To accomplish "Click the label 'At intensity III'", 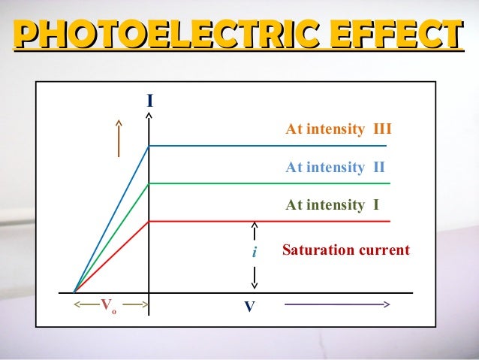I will [x=339, y=130].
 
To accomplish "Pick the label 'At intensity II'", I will [x=335, y=167].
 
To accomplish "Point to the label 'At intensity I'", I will [x=332, y=204].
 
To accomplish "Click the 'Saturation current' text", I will [x=346, y=250].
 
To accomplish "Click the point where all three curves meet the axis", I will [x=74, y=292].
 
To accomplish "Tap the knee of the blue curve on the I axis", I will [x=149, y=146].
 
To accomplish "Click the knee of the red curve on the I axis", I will [x=149, y=221].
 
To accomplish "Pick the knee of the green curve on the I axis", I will [x=149, y=183].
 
